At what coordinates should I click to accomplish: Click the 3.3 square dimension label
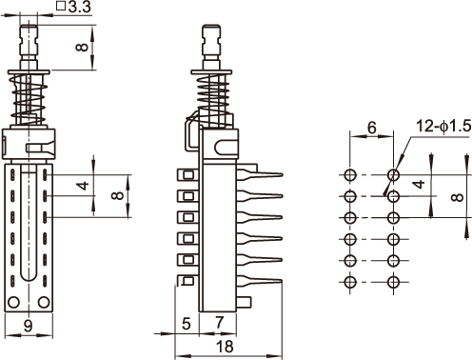73,7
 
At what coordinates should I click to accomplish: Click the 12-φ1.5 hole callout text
443,126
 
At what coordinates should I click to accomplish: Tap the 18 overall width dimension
225,346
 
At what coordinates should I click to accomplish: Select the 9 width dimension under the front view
29,326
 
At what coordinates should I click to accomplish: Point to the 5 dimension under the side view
187,324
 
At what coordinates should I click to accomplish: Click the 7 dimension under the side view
219,323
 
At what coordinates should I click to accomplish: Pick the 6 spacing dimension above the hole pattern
371,128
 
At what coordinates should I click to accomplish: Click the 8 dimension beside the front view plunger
82,48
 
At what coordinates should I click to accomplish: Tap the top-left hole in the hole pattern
350,174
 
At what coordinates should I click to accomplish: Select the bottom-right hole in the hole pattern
393,282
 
